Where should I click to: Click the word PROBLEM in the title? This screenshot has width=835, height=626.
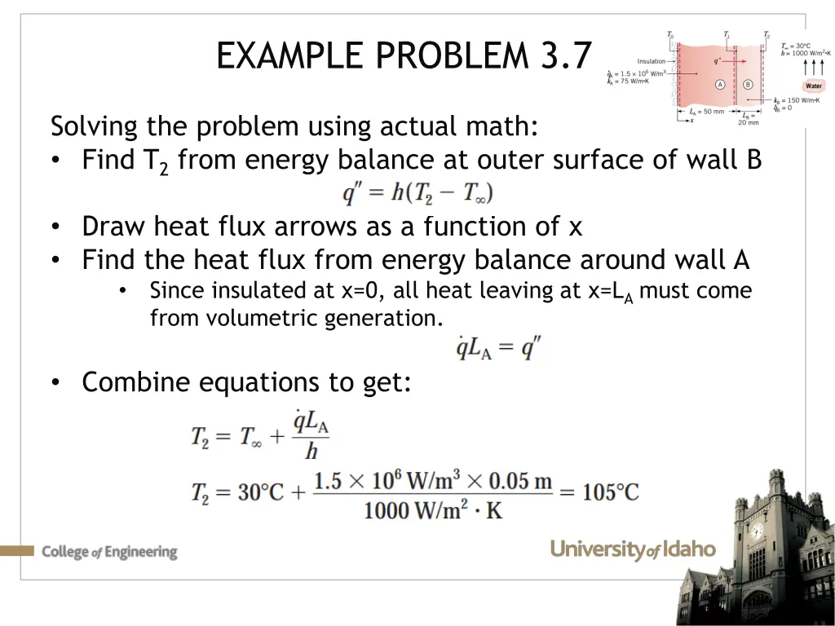click(452, 55)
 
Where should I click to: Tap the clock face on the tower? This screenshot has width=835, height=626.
click(756, 532)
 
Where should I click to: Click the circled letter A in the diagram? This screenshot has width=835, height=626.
click(720, 84)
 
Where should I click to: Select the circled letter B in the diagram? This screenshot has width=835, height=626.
click(747, 84)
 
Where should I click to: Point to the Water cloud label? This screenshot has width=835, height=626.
click(814, 86)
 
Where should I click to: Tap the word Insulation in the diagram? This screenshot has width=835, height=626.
click(652, 60)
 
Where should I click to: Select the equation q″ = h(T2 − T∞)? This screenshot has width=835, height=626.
click(417, 193)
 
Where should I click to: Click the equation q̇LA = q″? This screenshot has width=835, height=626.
click(497, 348)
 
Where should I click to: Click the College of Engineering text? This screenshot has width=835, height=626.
click(109, 552)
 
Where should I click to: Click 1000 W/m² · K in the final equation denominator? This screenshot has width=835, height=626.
click(433, 510)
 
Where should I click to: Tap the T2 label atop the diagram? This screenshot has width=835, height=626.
click(766, 34)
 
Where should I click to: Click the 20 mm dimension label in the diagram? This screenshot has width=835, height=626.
click(748, 122)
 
